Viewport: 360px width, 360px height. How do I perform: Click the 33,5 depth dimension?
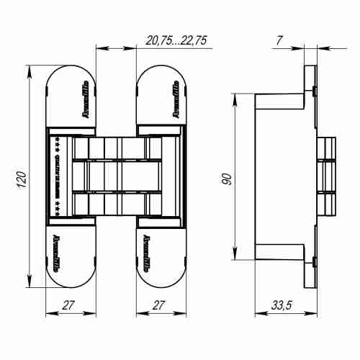(282, 305)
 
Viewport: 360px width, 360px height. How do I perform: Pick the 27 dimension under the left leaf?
(69, 305)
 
